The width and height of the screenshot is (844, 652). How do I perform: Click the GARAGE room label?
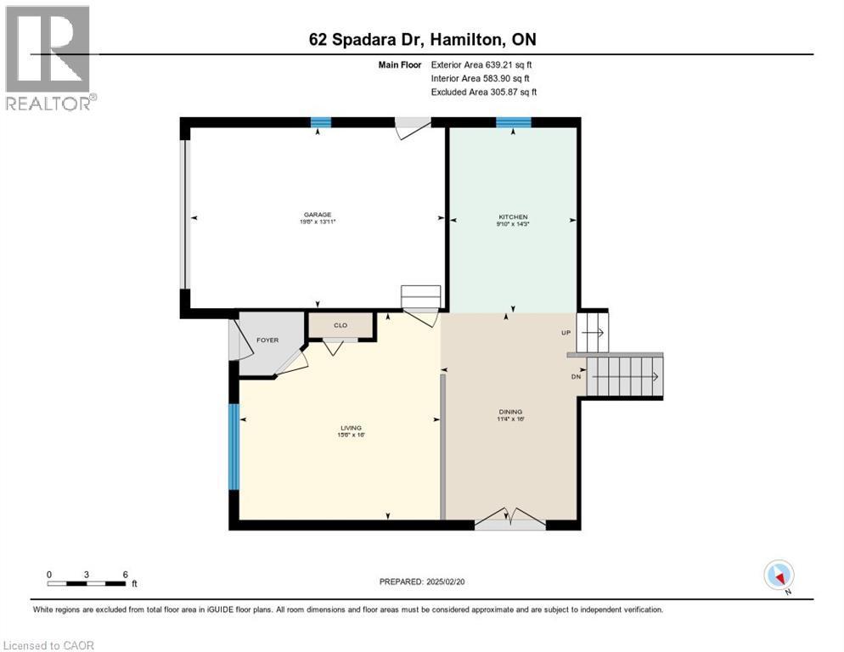tap(318, 214)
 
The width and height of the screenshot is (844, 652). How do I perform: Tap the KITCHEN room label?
tap(513, 217)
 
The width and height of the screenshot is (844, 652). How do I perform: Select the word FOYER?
tap(267, 340)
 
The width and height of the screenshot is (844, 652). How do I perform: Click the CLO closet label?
tap(340, 325)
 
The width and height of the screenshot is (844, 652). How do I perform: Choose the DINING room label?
tap(510, 412)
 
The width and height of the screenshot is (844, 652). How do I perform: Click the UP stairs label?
tap(565, 333)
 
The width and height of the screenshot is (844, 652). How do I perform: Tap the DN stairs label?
tap(575, 377)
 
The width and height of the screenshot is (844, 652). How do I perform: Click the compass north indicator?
tap(779, 576)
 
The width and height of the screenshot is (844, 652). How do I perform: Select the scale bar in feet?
tap(87, 582)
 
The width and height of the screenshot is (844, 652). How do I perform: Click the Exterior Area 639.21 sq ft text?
tap(481, 65)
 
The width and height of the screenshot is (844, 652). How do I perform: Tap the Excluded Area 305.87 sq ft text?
tap(484, 92)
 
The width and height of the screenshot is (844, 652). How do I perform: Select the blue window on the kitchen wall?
tap(513, 122)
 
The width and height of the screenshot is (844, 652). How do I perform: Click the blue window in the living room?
tap(234, 447)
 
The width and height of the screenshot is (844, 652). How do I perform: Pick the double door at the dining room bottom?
tap(509, 520)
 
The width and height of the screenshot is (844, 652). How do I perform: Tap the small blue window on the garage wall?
tap(320, 122)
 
